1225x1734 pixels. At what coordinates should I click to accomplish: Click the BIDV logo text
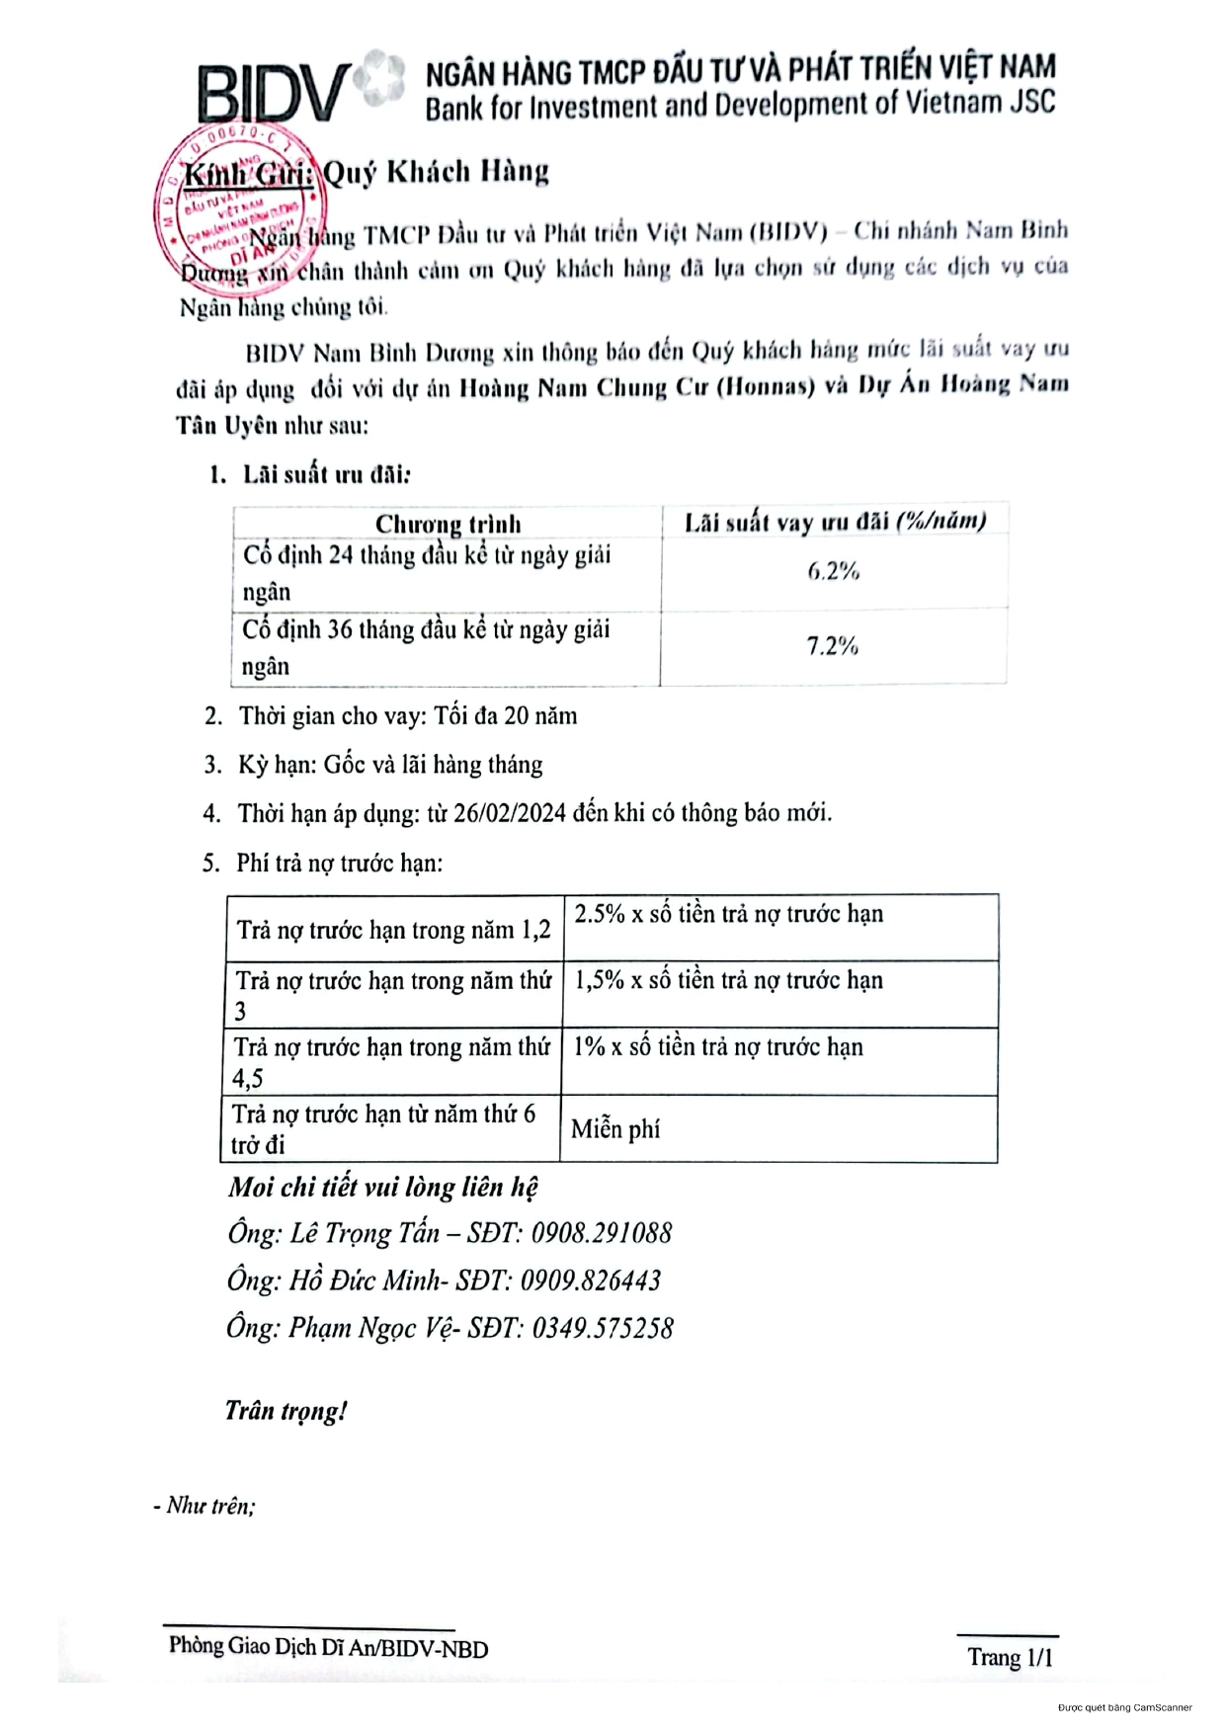[x=272, y=94]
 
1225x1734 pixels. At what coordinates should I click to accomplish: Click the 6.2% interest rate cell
[x=833, y=571]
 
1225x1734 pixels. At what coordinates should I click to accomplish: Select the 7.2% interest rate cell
[x=832, y=646]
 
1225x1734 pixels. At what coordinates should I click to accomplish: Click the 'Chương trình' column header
[x=448, y=524]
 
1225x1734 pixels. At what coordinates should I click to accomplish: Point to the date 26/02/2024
[x=510, y=813]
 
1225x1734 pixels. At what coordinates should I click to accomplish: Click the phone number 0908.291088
[x=602, y=1233]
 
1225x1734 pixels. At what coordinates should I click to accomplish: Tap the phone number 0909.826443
[x=591, y=1280]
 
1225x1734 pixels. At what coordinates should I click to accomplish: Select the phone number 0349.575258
[x=603, y=1328]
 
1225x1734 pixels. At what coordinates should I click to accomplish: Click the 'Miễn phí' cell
[x=615, y=1128]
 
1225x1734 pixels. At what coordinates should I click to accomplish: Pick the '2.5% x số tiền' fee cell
[x=728, y=915]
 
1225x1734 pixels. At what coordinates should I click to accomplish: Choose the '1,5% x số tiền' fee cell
[x=728, y=980]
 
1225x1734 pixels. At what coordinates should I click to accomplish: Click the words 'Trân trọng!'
[x=286, y=1411]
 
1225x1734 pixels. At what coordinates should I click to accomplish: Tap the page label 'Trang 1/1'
[x=1010, y=1657]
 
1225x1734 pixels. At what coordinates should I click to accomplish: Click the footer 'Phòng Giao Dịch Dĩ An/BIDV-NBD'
[x=328, y=1647]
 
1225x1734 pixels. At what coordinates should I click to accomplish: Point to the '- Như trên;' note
[x=204, y=1506]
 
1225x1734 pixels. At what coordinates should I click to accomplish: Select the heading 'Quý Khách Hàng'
[x=436, y=172]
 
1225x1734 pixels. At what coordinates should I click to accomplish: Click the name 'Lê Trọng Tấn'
[x=365, y=1233]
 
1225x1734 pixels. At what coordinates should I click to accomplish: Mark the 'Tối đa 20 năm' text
[x=505, y=715]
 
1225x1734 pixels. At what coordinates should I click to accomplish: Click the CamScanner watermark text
[x=1124, y=1707]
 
